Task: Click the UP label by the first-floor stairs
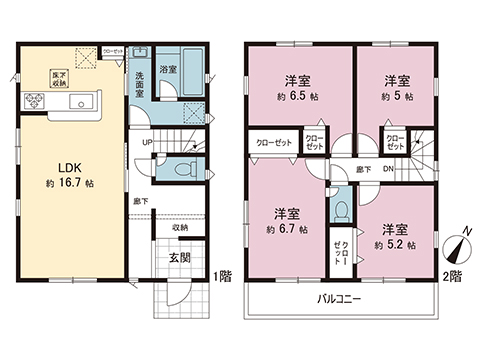pyautogui.click(x=147, y=143)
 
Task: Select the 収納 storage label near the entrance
pyautogui.click(x=179, y=228)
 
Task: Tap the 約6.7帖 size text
pyautogui.click(x=289, y=230)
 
